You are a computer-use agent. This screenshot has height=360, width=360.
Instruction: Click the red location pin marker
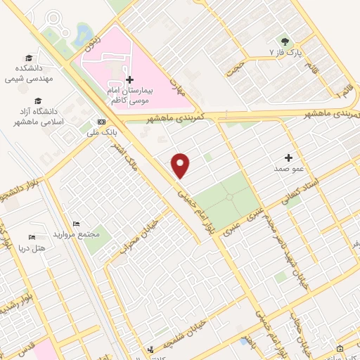(x=181, y=165)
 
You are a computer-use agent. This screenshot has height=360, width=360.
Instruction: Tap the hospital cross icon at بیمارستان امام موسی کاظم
(x=129, y=80)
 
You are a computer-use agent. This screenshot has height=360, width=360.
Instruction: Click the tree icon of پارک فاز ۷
(x=285, y=41)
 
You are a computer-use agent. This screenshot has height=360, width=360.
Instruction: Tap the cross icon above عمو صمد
(x=288, y=157)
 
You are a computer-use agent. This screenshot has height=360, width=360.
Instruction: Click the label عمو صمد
(x=288, y=169)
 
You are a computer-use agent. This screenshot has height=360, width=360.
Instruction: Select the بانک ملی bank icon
(x=101, y=120)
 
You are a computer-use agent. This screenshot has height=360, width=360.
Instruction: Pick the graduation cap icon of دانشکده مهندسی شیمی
(x=28, y=58)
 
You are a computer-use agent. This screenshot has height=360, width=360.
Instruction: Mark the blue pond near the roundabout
(x=83, y=32)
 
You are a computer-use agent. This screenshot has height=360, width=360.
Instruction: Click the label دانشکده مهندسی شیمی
(x=29, y=74)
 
